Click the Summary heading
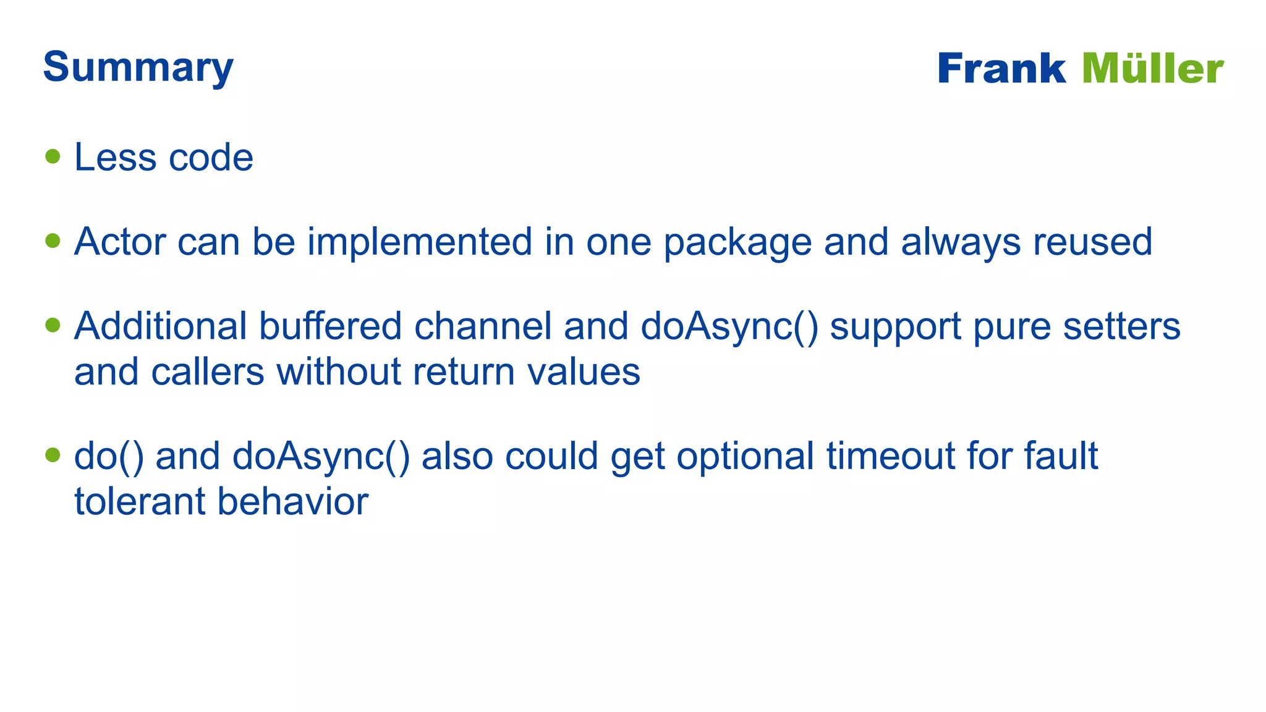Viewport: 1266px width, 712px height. point(138,67)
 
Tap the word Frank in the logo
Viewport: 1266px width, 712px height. point(1001,69)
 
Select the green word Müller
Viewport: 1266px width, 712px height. point(1153,69)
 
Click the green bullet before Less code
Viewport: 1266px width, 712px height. point(53,156)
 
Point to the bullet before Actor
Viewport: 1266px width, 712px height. point(53,240)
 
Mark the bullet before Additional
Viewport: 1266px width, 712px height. point(53,325)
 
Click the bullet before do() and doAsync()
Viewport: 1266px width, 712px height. point(53,456)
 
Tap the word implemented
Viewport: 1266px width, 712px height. point(420,241)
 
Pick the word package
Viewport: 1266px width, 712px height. point(737,242)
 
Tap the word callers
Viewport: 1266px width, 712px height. point(208,372)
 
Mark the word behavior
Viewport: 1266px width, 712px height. point(293,501)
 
